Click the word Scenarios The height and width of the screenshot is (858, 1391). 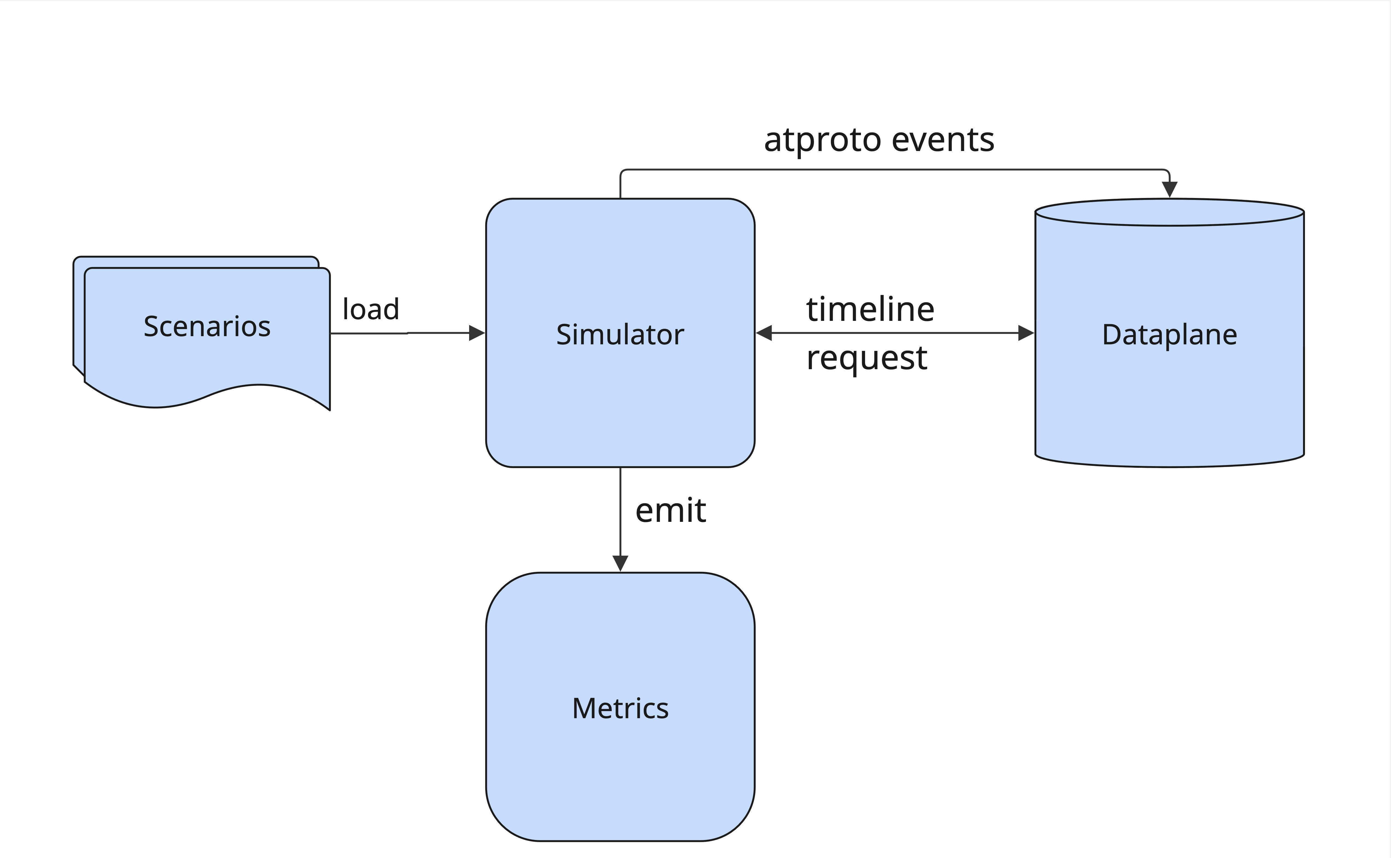pyautogui.click(x=207, y=327)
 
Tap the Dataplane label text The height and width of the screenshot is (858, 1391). pyautogui.click(x=1169, y=335)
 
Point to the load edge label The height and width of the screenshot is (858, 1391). pyautogui.click(x=371, y=309)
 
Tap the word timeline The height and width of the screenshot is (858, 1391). pyautogui.click(x=870, y=310)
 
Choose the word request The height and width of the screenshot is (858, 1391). pyautogui.click(x=866, y=359)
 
